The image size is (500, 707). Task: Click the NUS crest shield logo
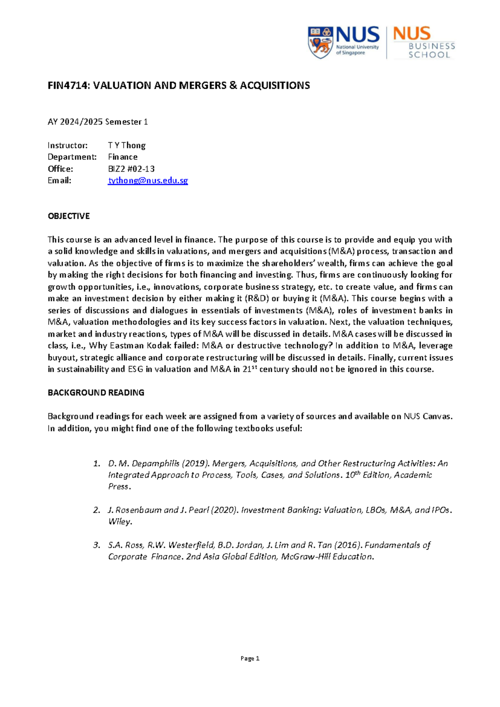320,42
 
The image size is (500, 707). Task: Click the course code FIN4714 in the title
68,85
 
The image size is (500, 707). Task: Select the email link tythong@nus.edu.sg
148,181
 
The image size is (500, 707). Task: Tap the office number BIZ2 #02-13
131,169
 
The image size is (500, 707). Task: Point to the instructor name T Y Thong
127,145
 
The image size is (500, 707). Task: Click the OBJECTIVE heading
69,216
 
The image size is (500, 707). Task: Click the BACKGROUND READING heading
96,392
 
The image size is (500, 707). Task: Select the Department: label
72,157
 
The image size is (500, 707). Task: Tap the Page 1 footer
250,659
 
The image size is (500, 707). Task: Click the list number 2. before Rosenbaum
97,510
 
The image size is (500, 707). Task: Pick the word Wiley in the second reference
120,521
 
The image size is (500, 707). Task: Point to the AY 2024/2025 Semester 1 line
98,122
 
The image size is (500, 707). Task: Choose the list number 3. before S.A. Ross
97,545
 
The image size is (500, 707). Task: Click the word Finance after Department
122,157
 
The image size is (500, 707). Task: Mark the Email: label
60,181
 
